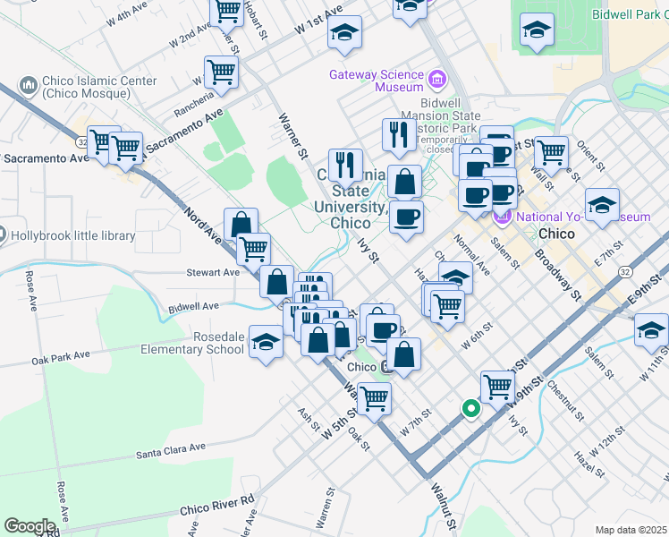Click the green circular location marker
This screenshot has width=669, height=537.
pyautogui.click(x=471, y=408)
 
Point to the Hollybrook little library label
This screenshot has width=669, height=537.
pyautogui.click(x=72, y=236)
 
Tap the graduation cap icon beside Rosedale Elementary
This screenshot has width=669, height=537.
pyautogui.click(x=266, y=343)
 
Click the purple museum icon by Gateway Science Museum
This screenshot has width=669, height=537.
pyautogui.click(x=437, y=81)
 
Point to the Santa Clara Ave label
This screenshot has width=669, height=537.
pyautogui.click(x=171, y=450)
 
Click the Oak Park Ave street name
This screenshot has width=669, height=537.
pyautogui.click(x=61, y=357)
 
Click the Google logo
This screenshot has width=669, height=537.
pyautogui.click(x=30, y=526)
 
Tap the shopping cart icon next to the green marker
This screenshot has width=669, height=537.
pyautogui.click(x=497, y=387)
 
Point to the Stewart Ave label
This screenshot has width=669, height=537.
pyautogui.click(x=213, y=272)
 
